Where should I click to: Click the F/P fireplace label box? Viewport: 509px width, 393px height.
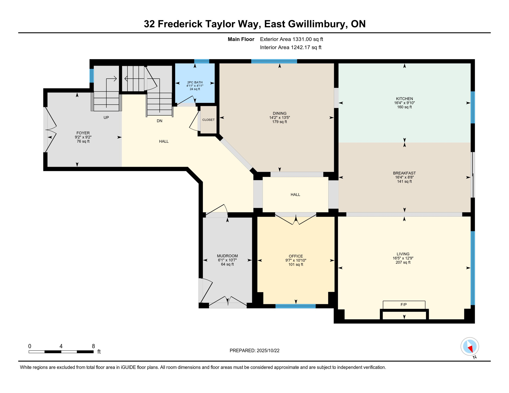coord(404,305)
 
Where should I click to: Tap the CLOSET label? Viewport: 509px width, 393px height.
coord(208,120)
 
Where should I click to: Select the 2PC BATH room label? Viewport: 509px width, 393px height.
coord(195,82)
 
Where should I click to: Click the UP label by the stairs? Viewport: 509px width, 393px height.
coord(106,117)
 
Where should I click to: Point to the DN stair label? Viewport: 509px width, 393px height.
coord(160,121)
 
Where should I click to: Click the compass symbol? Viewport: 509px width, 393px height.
coord(470,346)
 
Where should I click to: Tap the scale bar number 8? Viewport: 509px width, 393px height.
coord(93,346)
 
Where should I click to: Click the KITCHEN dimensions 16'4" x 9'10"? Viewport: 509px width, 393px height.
coord(404,103)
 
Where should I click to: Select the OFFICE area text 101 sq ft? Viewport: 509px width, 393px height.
coord(296,265)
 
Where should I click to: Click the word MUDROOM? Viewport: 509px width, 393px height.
coord(227,256)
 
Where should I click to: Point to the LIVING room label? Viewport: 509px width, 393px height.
coord(403,254)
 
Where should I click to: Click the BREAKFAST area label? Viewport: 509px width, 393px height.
coord(404,173)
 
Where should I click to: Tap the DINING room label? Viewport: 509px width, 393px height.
coord(280,113)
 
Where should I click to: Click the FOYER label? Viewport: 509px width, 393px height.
coord(83,133)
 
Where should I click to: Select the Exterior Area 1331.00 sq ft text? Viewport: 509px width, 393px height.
coord(291,39)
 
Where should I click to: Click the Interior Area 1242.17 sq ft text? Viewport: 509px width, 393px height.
coord(291,47)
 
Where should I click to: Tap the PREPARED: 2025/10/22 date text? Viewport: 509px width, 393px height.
coord(254,351)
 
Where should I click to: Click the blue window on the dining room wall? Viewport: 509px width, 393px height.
coord(274,61)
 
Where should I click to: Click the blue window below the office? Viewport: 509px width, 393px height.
coord(295,306)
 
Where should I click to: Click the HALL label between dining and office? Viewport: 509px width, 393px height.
coord(295,194)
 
